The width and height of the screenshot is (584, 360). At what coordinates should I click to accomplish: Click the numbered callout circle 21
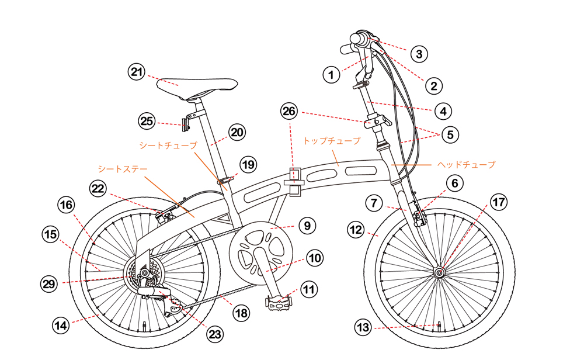tap(136, 72)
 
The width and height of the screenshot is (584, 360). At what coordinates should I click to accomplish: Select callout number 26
tap(289, 110)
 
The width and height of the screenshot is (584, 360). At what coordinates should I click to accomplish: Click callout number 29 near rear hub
tap(49, 284)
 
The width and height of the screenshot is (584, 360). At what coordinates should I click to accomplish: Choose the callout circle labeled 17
tap(498, 203)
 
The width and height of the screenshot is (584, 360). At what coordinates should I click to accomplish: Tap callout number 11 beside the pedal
tap(309, 289)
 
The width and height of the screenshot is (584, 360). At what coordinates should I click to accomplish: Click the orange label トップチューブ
tap(331, 141)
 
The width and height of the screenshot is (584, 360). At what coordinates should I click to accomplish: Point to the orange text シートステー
tap(123, 168)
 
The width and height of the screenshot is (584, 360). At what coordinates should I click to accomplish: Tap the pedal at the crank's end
tap(278, 303)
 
